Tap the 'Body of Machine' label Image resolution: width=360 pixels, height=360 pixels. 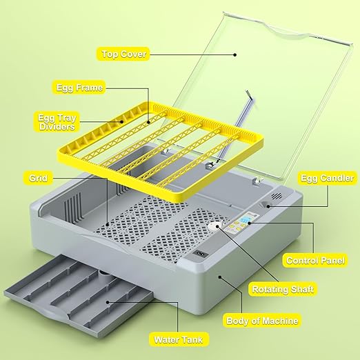[x=262, y=320]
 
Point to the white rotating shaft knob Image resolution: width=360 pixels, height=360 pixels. [x=212, y=227]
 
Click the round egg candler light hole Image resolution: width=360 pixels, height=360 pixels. [x=266, y=205]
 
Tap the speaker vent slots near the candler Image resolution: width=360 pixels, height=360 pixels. [x=278, y=198]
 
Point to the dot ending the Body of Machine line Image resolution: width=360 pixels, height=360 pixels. [x=220, y=277]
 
